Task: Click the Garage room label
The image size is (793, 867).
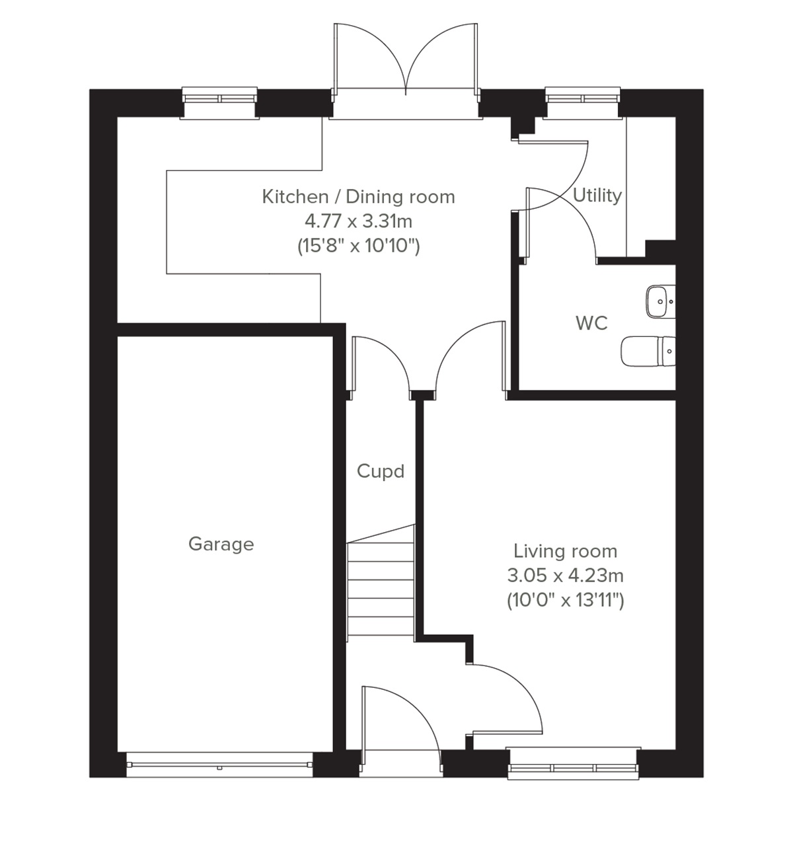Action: pyautogui.click(x=221, y=544)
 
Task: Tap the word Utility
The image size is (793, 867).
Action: pyautogui.click(x=597, y=195)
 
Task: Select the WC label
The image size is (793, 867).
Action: pyautogui.click(x=591, y=323)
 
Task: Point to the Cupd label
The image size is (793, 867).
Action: pyautogui.click(x=380, y=471)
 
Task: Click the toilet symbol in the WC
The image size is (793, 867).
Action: pyautogui.click(x=648, y=350)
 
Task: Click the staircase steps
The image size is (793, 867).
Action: pyautogui.click(x=381, y=582)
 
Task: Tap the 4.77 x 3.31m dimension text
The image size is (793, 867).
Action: pyautogui.click(x=358, y=221)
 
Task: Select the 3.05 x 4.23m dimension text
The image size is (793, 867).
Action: pyautogui.click(x=565, y=576)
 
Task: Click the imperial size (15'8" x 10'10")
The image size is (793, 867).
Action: pyautogui.click(x=358, y=246)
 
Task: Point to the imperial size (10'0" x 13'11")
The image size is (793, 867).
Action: pyautogui.click(x=565, y=601)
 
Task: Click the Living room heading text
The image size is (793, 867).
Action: pyautogui.click(x=565, y=551)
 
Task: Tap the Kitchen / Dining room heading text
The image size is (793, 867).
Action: pyautogui.click(x=358, y=196)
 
